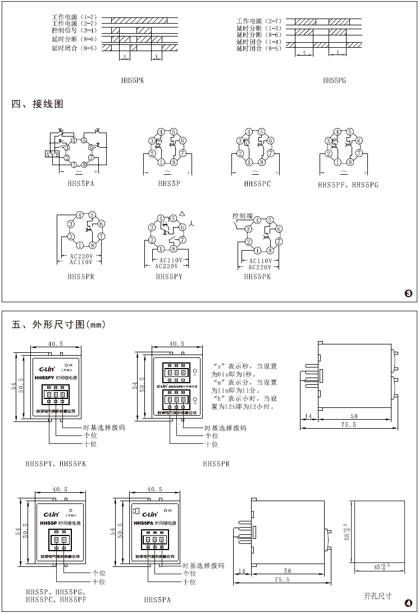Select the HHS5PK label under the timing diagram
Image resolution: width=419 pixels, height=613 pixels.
tap(133, 80)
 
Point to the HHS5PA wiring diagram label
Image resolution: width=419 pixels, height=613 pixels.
tap(80, 183)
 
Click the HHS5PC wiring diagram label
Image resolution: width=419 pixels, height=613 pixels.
tap(257, 184)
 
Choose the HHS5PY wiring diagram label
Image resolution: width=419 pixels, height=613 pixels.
tap(169, 276)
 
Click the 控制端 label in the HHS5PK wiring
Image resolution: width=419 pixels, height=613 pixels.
tap(242, 216)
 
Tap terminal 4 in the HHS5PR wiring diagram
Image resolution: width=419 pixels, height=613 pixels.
tap(80, 215)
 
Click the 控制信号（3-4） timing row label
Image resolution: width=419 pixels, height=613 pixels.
tap(74, 30)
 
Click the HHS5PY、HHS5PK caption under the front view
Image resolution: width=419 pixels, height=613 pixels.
tap(56, 464)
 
